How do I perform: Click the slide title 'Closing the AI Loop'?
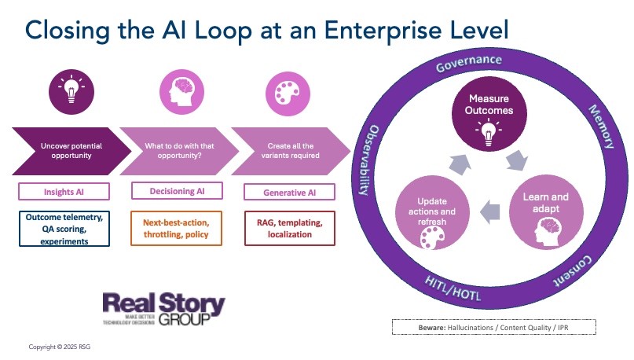[267, 29]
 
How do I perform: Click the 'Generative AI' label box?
[289, 191]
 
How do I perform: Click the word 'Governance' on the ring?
[469, 61]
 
